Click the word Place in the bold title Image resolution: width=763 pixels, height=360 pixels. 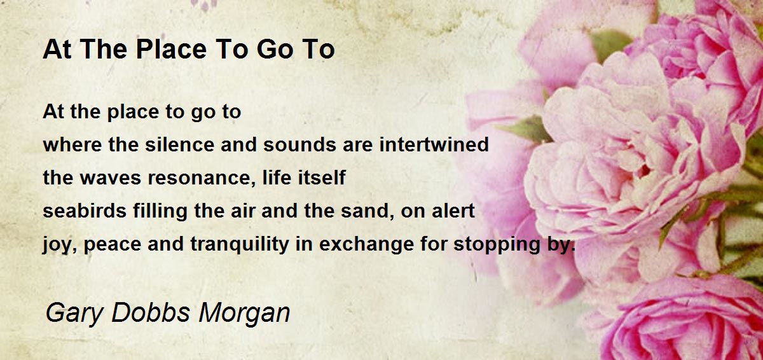(171, 50)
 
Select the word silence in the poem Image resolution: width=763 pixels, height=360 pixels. (180, 144)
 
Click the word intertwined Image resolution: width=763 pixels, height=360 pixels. (434, 144)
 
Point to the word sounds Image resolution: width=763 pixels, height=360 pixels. (299, 144)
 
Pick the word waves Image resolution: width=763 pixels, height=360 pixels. (111, 178)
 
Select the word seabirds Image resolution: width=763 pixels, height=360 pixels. (85, 211)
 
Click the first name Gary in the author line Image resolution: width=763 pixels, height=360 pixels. (74, 314)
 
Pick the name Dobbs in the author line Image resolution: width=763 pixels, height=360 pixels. (150, 312)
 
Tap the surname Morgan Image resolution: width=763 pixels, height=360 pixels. (244, 314)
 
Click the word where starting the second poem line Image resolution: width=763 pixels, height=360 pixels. (72, 144)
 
